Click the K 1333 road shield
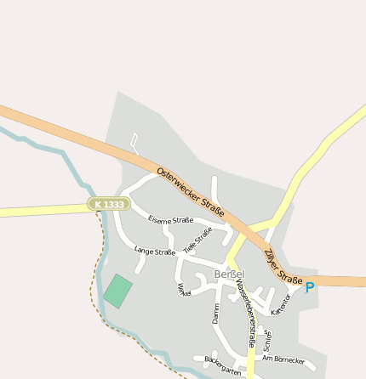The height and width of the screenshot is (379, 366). click(109, 205)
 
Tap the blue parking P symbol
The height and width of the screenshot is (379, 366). click(310, 288)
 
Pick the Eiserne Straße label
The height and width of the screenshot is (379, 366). click(170, 220)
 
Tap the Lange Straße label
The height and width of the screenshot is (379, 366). click(154, 252)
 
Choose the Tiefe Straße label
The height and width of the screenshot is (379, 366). click(197, 240)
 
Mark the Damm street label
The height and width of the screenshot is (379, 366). click(216, 313)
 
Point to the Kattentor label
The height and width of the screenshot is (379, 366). click(281, 305)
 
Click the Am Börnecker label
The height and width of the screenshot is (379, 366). click(283, 359)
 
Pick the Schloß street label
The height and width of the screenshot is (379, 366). click(267, 339)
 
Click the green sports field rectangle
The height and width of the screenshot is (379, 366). click(118, 291)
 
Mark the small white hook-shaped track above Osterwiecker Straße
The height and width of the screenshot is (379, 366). click(134, 140)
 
